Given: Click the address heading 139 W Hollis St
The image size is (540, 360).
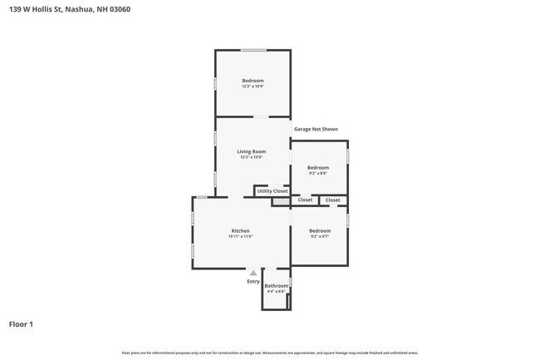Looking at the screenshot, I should pyautogui.click(x=64, y=9).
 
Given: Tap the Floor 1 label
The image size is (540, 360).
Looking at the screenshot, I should pyautogui.click(x=21, y=324).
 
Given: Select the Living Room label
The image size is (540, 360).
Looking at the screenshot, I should pyautogui.click(x=252, y=151).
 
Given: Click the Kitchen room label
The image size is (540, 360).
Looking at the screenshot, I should pyautogui.click(x=240, y=230).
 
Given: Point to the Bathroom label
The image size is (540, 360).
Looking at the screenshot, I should pyautogui.click(x=276, y=286).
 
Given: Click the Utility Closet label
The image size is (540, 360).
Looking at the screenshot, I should pyautogui.click(x=272, y=191).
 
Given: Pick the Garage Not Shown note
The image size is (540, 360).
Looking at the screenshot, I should pyautogui.click(x=316, y=129).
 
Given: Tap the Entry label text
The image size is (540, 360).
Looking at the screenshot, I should pyautogui.click(x=253, y=281).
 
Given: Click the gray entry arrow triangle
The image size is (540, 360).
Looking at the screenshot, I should pyautogui.click(x=253, y=272).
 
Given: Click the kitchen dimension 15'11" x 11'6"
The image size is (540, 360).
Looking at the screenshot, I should pyautogui.click(x=240, y=237).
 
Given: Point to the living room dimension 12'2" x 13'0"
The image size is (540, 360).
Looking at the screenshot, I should pyautogui.click(x=252, y=157).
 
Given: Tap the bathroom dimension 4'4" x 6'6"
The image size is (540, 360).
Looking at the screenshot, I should pyautogui.click(x=276, y=292).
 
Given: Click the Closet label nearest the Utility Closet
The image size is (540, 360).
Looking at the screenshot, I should pyautogui.click(x=305, y=200).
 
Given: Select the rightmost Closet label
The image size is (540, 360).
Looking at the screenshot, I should pyautogui.click(x=332, y=200).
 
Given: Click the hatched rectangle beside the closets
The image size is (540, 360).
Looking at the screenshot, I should pyautogui.click(x=282, y=200).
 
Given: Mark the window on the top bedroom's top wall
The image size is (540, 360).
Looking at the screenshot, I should pyautogui.click(x=253, y=50).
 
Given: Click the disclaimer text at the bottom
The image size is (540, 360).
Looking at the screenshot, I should pyautogui.click(x=270, y=352).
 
